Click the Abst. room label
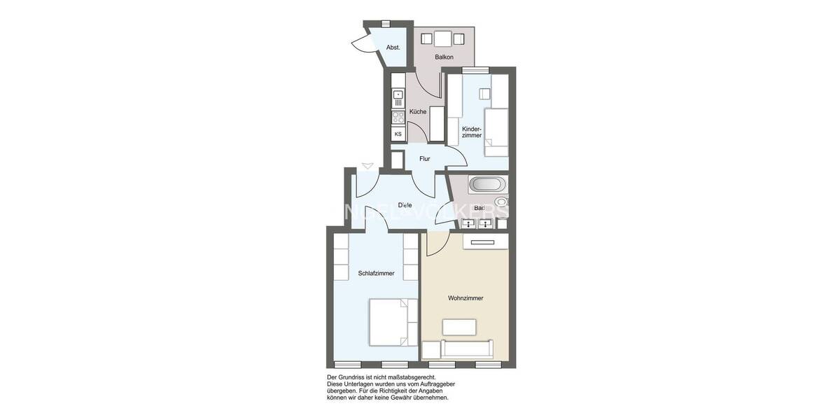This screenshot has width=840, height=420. coord(393,48)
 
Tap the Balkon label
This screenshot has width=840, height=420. coord(444,57)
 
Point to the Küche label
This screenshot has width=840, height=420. coord(418,112)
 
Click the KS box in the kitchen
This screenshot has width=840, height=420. coord(398,134)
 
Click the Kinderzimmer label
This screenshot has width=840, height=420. coord(472,132)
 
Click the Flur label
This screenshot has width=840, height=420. coord(424,159)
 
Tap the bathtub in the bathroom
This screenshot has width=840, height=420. coord(486,185)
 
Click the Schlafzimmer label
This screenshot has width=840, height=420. coord(376,274)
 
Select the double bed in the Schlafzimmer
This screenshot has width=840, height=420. coord(388,322)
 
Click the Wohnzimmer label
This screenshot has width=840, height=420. coord(465,298)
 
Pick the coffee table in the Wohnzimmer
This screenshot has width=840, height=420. coord(458,326)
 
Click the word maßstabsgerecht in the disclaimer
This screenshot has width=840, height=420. coord(420,377)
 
